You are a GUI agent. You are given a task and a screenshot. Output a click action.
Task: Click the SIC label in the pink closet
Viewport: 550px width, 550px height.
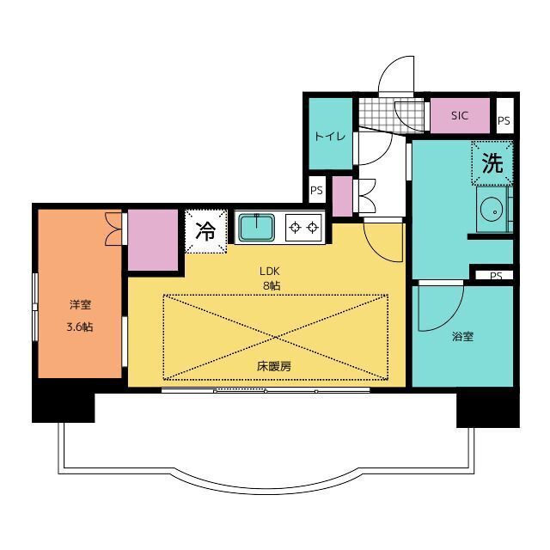tap(460, 115)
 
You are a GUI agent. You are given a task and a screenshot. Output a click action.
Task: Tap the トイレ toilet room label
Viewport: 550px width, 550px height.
tap(330, 136)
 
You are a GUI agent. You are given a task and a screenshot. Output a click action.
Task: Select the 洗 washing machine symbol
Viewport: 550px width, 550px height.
tap(492, 163)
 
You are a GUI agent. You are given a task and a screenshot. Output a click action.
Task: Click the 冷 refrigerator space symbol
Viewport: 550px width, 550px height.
tap(205, 231)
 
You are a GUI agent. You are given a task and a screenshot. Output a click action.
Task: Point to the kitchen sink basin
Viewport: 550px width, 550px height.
tap(256, 227)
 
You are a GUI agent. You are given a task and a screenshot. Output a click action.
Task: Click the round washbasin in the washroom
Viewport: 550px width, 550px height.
tap(491, 210)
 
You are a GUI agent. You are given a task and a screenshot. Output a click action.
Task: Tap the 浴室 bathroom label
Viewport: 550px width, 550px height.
tap(462, 337)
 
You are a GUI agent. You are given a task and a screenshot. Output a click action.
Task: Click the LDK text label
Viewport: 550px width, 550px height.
tap(269, 271)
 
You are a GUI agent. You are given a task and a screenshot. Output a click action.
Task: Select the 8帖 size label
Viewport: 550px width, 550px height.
tap(272, 286)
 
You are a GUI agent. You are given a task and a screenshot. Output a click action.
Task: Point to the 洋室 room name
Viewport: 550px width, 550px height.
tap(80, 304)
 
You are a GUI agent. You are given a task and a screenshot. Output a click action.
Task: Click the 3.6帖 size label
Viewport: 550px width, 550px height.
tap(80, 327)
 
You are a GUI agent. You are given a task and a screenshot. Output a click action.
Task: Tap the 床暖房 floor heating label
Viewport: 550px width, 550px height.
tap(274, 367)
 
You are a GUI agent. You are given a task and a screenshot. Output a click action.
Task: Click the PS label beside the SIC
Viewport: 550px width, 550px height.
tap(504, 120)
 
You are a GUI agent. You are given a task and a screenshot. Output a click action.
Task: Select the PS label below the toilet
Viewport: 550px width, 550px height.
tap(316, 191)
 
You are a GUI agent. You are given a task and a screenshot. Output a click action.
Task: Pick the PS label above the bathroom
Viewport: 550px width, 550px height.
tap(496, 276)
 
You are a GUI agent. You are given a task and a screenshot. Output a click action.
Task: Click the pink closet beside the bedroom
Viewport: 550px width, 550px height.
tap(153, 240)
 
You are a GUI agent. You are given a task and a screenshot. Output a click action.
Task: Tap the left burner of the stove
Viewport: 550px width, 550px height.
tap(295, 228)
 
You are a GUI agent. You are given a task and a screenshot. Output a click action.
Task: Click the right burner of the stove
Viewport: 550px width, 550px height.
tap(313, 228)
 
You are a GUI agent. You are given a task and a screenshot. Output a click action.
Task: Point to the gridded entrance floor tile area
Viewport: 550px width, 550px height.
tap(392, 115)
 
